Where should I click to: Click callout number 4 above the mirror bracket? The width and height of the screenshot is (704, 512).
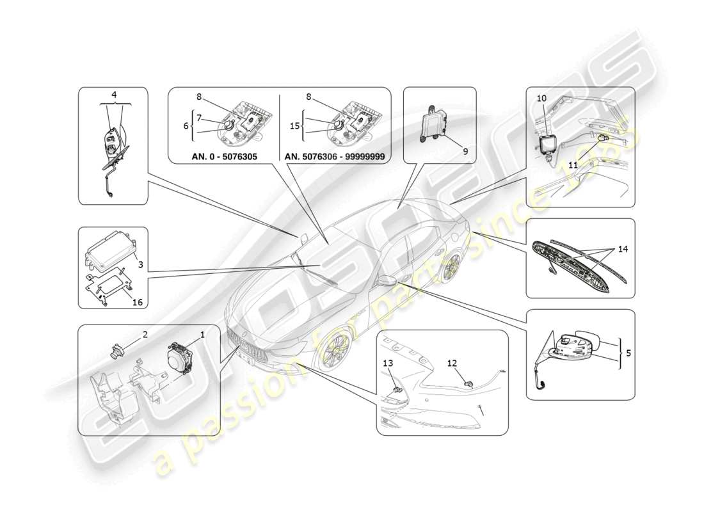coord(114,95)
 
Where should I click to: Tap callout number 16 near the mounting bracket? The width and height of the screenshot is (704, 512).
coord(137,303)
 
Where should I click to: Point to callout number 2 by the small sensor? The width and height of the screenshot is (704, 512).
coord(145,334)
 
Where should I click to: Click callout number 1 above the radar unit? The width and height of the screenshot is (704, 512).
coord(202,334)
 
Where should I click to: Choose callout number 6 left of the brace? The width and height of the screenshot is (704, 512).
coord(186,126)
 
